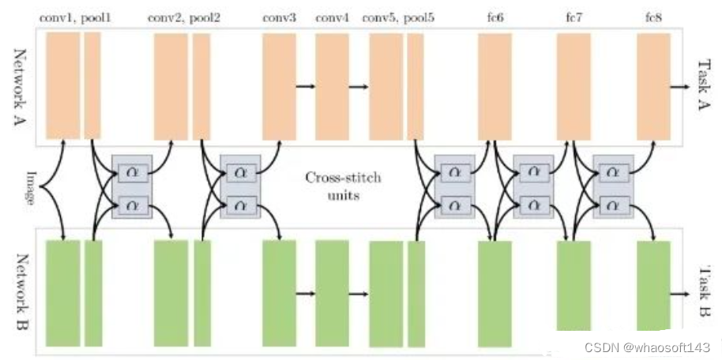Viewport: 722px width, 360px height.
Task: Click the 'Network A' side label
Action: pos(20,87)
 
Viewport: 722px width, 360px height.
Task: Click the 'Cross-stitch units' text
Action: pos(342,185)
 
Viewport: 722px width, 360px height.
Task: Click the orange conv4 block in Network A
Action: pos(332,86)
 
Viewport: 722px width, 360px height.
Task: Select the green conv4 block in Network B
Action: pos(332,293)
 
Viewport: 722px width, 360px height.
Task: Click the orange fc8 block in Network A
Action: pos(653,86)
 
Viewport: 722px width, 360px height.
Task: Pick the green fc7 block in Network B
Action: pos(573,286)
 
